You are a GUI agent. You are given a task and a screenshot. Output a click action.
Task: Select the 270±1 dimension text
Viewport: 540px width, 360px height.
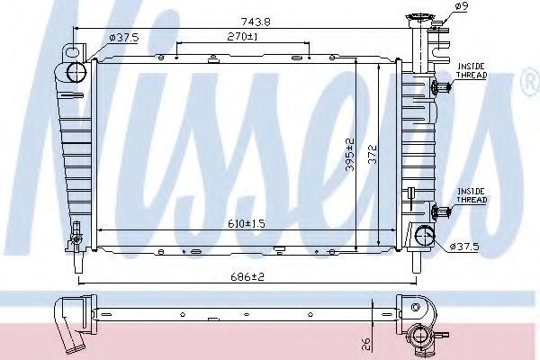(x=244, y=37)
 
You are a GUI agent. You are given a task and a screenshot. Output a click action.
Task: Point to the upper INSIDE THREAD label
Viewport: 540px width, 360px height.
(x=472, y=71)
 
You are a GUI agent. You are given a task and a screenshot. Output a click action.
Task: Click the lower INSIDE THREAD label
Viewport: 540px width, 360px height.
(x=472, y=195)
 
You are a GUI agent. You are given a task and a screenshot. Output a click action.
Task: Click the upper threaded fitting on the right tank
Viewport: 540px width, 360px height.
(x=440, y=87)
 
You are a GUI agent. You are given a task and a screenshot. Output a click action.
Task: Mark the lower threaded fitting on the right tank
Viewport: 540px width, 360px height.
(x=440, y=211)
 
